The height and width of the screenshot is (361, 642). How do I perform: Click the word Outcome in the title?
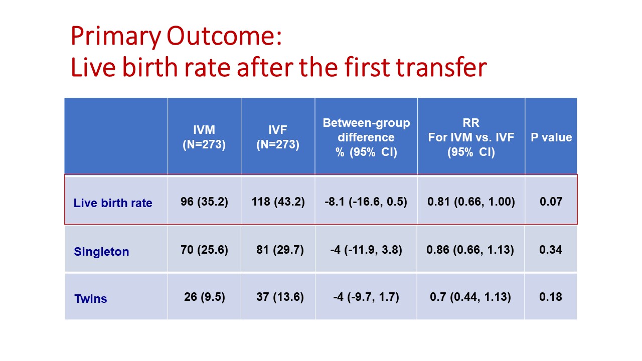pyautogui.click(x=224, y=36)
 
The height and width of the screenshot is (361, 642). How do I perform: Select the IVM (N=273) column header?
pyautogui.click(x=204, y=137)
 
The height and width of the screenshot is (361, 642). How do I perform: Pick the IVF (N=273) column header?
pyautogui.click(x=278, y=137)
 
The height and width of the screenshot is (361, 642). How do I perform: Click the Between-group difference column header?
pyautogui.click(x=366, y=137)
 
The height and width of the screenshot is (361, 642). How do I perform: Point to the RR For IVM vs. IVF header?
pyautogui.click(x=471, y=137)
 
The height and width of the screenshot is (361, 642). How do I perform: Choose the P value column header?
pyautogui.click(x=551, y=137)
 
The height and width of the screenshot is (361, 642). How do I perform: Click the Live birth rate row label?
pyautogui.click(x=113, y=203)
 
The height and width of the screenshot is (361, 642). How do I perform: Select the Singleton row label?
pyautogui.click(x=101, y=252)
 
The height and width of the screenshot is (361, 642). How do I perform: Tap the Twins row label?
pyautogui.click(x=91, y=298)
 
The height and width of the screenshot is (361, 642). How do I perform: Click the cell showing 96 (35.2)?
pyautogui.click(x=204, y=202)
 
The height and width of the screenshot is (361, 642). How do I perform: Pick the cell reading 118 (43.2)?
pyautogui.click(x=278, y=202)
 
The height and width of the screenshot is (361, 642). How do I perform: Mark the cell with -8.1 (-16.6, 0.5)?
pyautogui.click(x=366, y=202)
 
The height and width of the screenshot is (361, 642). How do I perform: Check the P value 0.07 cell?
pyautogui.click(x=551, y=202)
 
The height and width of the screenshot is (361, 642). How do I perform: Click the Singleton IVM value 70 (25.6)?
pyautogui.click(x=204, y=250)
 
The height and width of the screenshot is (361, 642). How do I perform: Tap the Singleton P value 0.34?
pyautogui.click(x=551, y=250)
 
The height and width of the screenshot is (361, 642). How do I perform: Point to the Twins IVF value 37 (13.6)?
pyautogui.click(x=280, y=297)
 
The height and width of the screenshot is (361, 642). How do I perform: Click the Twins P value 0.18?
pyautogui.click(x=551, y=296)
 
